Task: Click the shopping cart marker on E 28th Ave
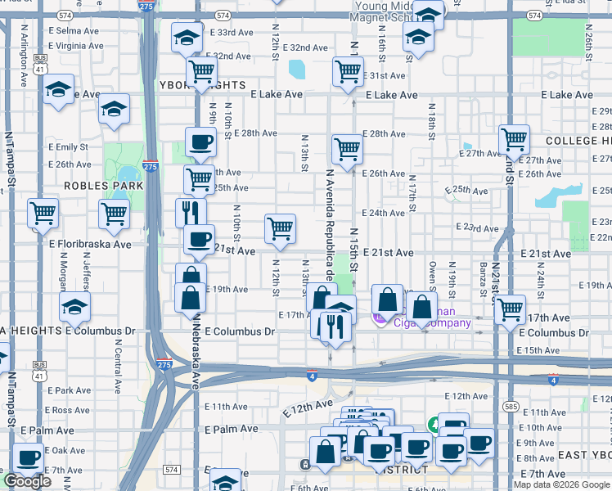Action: pos(347,149)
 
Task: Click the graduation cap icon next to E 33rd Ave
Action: pos(187,38)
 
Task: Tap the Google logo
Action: pos(28,481)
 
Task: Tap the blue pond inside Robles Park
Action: pos(127,174)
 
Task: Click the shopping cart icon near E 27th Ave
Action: pos(514,140)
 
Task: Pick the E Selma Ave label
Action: pos(74,30)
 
